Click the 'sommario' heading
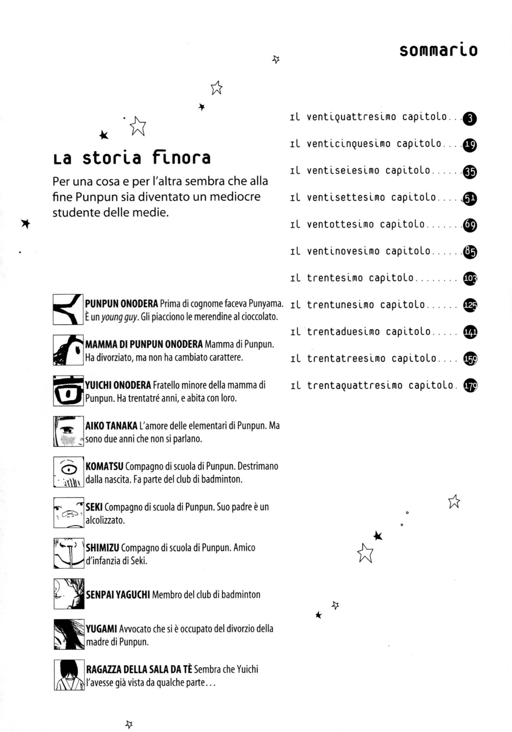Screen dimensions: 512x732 (x=438, y=50)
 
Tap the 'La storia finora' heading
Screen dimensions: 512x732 (x=132, y=158)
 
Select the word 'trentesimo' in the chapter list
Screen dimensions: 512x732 (x=335, y=278)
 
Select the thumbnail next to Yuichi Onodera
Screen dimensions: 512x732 (x=68, y=391)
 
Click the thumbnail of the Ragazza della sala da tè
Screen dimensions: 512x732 (x=69, y=675)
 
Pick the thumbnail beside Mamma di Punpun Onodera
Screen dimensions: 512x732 (x=68, y=350)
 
